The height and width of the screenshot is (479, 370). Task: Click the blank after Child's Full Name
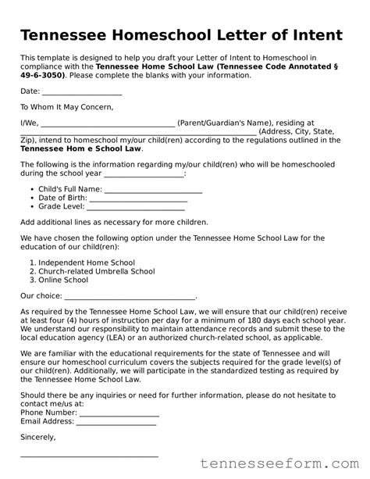[x=153, y=191]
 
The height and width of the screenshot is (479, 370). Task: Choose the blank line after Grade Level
[x=136, y=209]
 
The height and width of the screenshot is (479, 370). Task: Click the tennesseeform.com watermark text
[x=286, y=463]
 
